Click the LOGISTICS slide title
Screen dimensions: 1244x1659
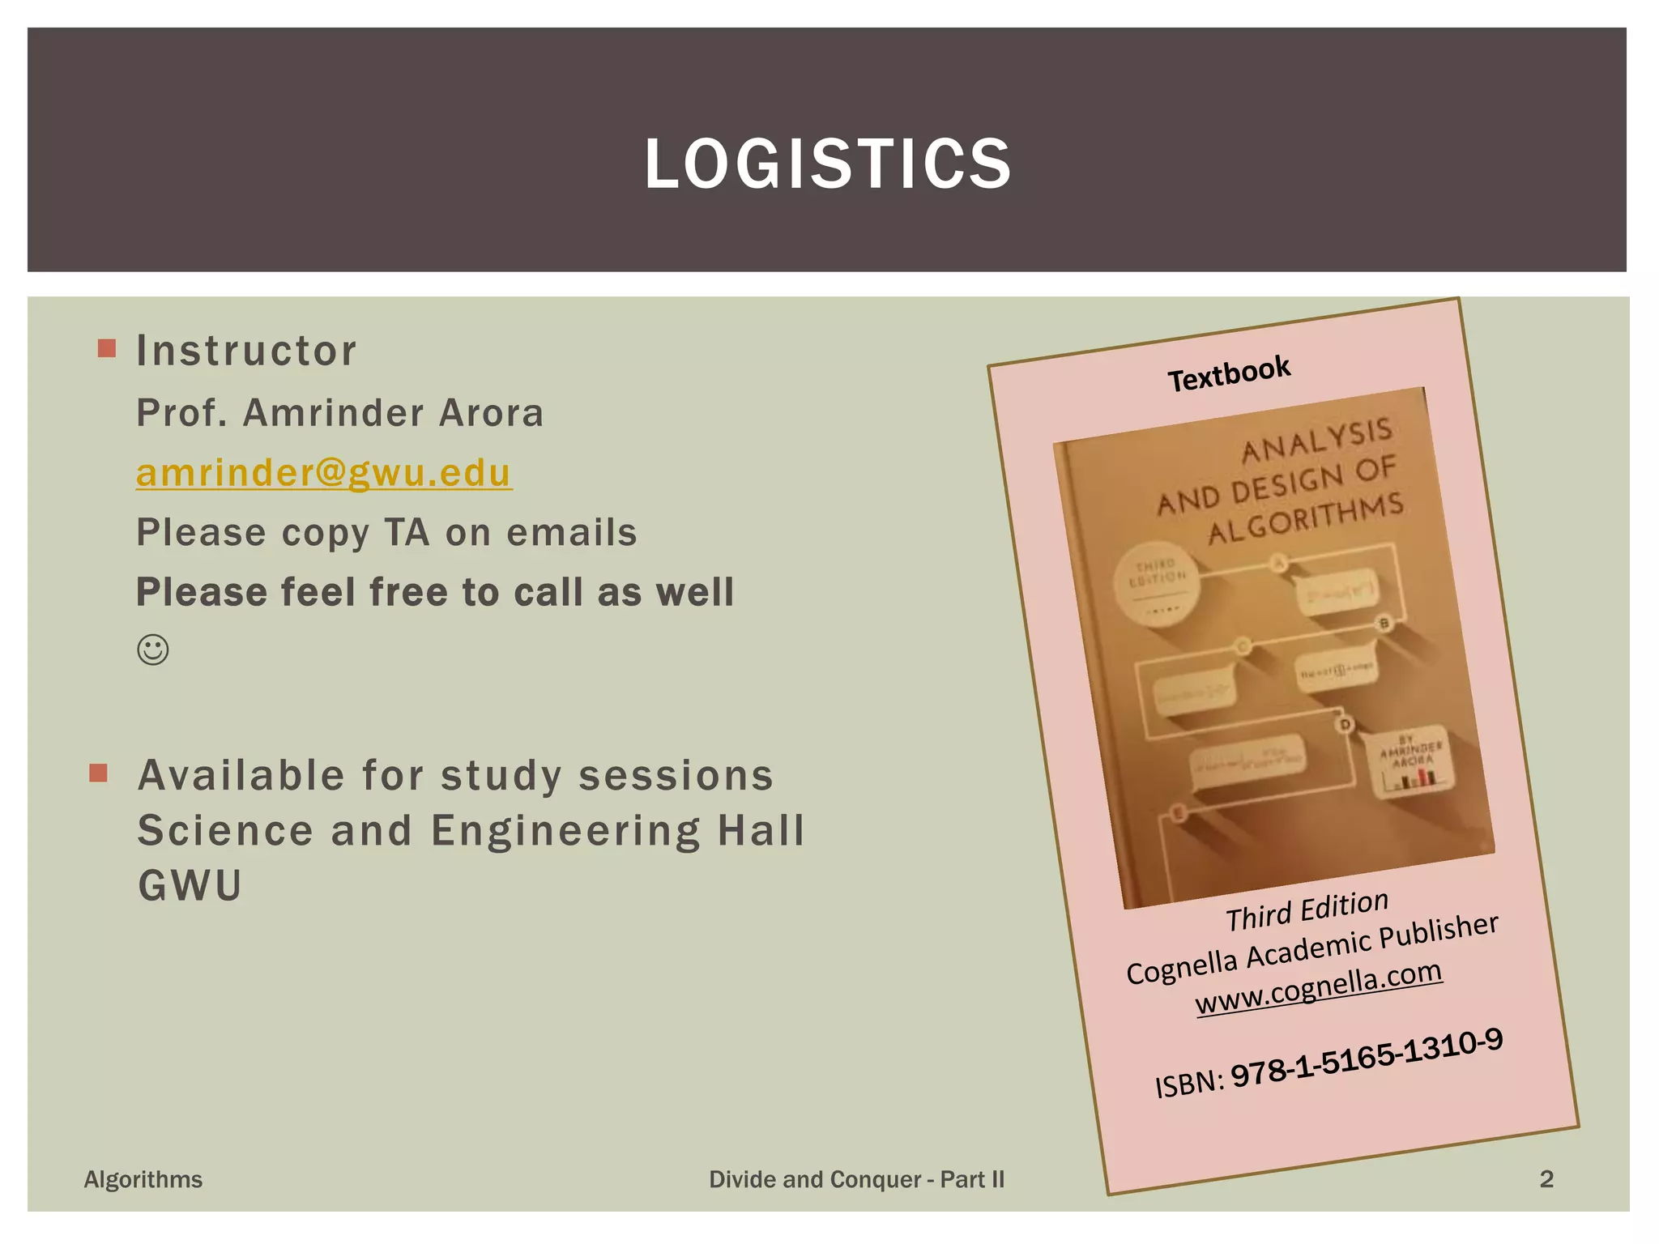[828, 164]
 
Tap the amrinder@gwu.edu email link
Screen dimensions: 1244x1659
[323, 473]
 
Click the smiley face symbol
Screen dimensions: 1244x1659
[153, 650]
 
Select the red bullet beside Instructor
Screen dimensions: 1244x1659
[106, 349]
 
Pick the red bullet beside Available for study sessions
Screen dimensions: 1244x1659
[99, 773]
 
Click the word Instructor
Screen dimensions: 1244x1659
[246, 351]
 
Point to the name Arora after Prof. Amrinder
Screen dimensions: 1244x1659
[491, 413]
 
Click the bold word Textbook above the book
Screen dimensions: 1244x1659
[1228, 373]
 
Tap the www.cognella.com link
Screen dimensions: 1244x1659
[1319, 987]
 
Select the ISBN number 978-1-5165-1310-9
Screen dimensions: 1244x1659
[1367, 1058]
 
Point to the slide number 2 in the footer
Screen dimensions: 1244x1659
[1546, 1179]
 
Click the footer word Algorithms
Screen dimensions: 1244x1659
[143, 1179]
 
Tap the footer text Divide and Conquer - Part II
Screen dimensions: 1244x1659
[856, 1179]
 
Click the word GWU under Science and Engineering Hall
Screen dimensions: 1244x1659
[190, 885]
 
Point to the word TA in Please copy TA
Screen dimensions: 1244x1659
[407, 533]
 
